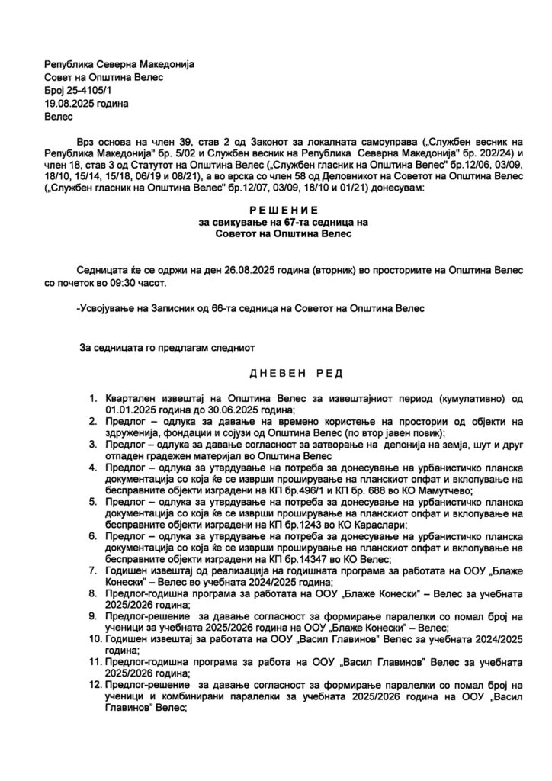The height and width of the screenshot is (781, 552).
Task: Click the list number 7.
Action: (x=93, y=569)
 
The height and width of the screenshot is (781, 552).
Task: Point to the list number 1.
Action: (x=93, y=398)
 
